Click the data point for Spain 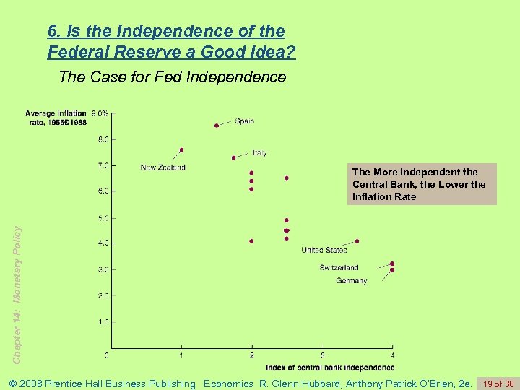(217, 126)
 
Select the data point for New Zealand (182, 150)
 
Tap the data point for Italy (234, 157)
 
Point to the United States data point (357, 241)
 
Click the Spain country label (245, 121)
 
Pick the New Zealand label (162, 168)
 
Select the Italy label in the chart (260, 153)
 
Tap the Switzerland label (339, 268)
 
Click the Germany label (351, 280)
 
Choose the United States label (324, 251)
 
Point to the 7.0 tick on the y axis (103, 165)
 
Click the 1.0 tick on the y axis (103, 321)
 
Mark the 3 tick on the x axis (322, 355)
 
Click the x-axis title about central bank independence (330, 368)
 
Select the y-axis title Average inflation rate (56, 118)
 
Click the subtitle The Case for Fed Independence (172, 77)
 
